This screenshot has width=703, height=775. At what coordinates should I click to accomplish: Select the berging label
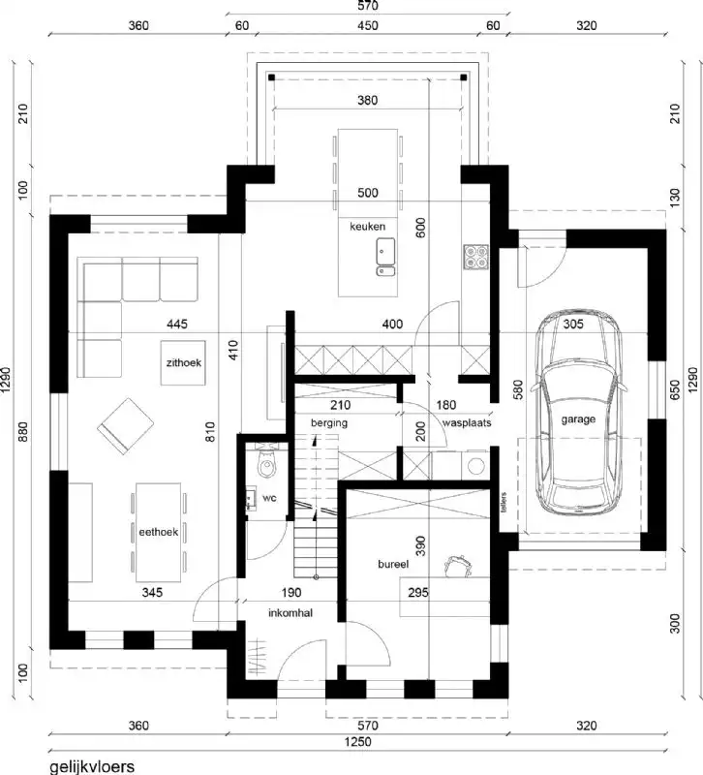coord(328,423)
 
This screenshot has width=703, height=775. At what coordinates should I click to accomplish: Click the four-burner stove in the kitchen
coord(476,256)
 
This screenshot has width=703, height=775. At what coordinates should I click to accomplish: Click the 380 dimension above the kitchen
coord(367,100)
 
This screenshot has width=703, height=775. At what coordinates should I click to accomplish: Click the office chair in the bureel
coord(457,564)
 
